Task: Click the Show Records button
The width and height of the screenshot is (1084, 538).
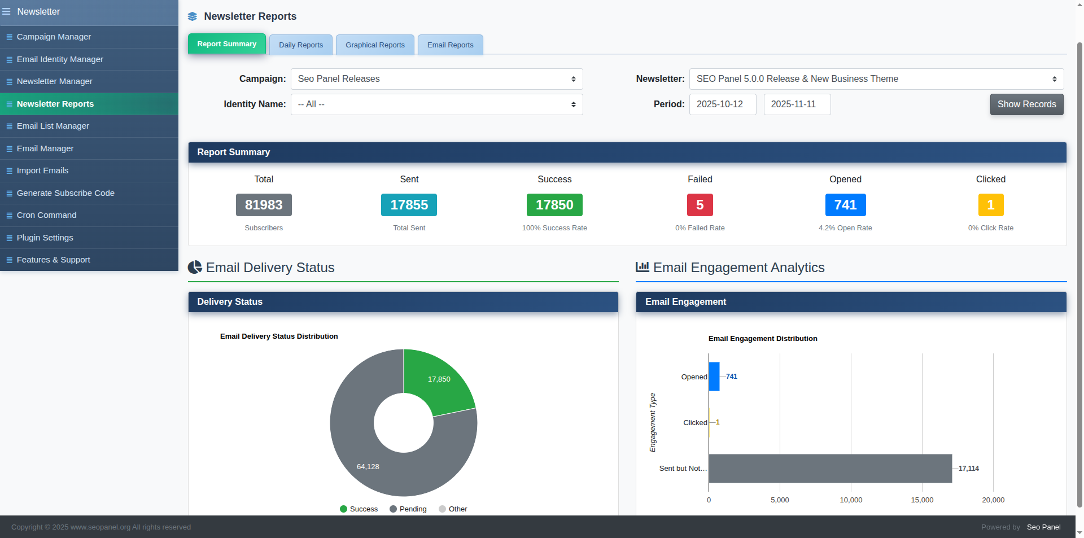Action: click(1026, 104)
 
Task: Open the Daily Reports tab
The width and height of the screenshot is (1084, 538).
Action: click(301, 45)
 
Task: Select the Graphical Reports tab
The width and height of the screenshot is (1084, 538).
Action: click(375, 45)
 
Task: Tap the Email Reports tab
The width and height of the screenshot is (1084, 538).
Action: click(450, 45)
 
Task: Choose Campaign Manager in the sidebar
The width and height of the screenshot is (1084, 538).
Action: click(54, 37)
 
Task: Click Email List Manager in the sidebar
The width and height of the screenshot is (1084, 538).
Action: click(53, 126)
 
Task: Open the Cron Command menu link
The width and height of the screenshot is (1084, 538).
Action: click(46, 215)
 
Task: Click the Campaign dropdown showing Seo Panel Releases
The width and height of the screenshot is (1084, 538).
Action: click(436, 79)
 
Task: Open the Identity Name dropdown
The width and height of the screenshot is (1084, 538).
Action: click(436, 104)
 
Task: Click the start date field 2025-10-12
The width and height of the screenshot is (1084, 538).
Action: click(722, 104)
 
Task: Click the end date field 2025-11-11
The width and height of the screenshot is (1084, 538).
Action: click(797, 104)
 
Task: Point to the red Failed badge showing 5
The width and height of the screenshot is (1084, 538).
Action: click(700, 205)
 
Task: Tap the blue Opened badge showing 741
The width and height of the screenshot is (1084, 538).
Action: click(845, 205)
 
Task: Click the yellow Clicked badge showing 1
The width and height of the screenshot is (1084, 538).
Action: click(990, 205)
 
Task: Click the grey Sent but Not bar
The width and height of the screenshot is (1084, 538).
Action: click(830, 469)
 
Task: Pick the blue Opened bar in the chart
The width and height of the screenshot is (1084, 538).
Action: click(714, 377)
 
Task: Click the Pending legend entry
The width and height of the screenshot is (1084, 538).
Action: click(408, 509)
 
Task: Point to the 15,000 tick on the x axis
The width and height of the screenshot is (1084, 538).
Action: click(922, 500)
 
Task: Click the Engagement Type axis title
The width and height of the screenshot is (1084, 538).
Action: click(653, 422)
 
